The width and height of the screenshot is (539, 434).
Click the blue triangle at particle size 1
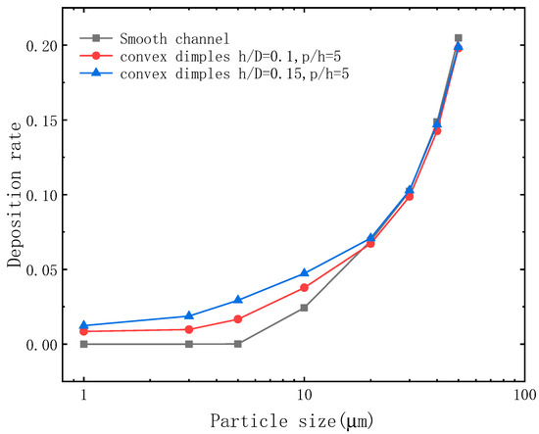(x=84, y=324)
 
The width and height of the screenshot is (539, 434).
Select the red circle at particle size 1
(x=84, y=331)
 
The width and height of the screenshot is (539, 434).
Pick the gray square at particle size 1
(x=84, y=344)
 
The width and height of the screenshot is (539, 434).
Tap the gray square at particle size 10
(x=304, y=308)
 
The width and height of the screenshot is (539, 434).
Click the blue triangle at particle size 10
(x=304, y=272)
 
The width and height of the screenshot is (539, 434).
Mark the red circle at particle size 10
(x=304, y=288)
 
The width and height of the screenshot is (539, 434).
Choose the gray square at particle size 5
(x=238, y=344)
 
